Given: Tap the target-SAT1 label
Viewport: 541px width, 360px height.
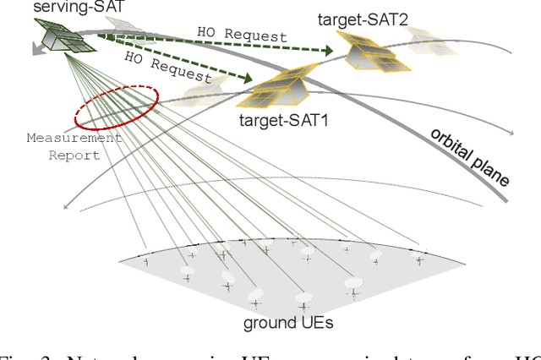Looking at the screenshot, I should coord(282,122).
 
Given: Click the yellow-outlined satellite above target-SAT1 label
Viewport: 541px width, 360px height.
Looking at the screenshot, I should coord(280,88).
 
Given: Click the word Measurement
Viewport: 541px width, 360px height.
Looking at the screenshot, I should coord(74,138).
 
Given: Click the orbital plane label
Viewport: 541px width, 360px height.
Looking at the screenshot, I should coord(470,158).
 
